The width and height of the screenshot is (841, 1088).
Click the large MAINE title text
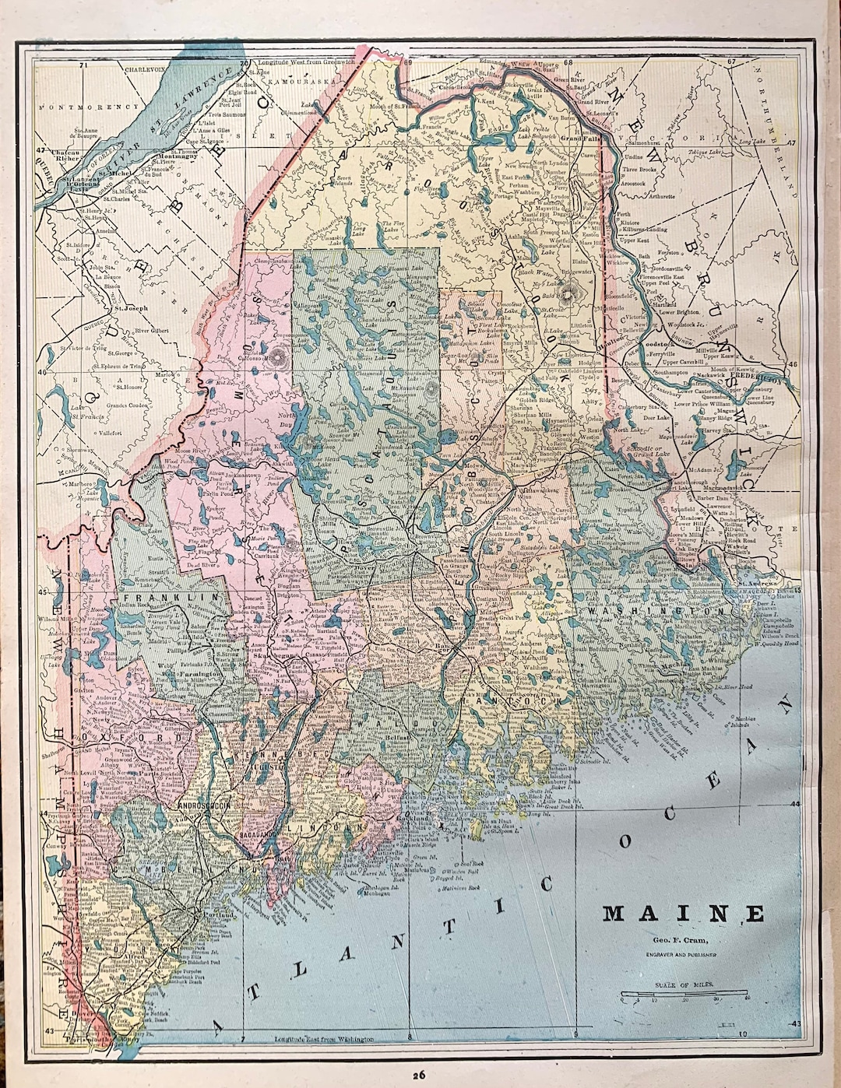683,913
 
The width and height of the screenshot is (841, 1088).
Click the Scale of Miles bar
684,994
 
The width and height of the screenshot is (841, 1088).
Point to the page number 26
419,1075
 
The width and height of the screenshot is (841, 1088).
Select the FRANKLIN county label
168,598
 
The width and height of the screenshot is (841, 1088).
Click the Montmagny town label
177,155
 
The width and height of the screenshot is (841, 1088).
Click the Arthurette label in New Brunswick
661,197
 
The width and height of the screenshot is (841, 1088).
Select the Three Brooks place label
640,169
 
